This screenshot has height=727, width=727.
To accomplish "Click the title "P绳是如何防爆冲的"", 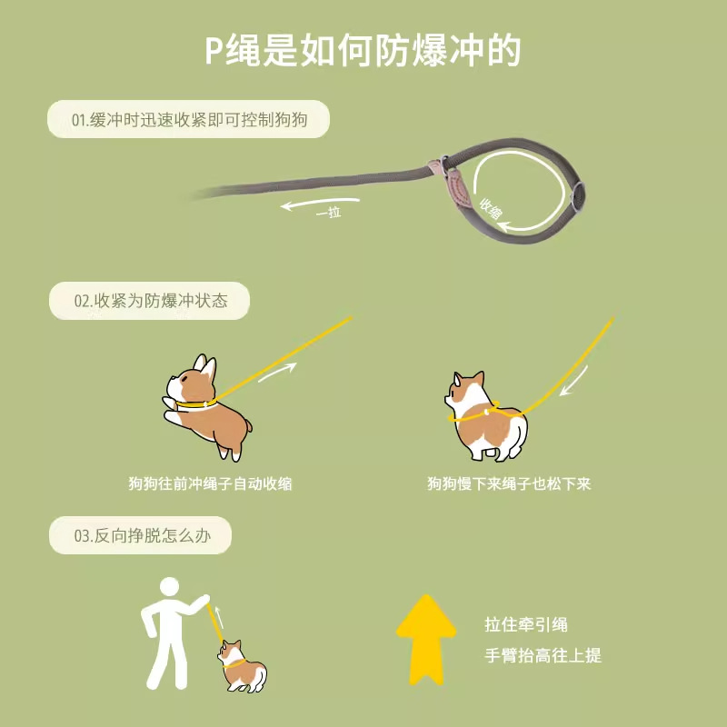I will (x=363, y=51).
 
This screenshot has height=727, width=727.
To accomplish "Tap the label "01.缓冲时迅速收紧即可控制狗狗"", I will (x=187, y=119).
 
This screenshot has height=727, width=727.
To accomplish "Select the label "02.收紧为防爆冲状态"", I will (x=150, y=301).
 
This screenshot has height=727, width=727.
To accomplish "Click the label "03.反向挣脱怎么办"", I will (x=140, y=535).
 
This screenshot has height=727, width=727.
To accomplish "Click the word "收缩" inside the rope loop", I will (x=491, y=212).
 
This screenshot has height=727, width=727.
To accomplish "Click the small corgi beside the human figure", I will (x=239, y=666).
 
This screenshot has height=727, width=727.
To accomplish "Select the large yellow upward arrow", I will (x=426, y=639).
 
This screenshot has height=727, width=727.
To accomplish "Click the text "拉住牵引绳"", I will (x=526, y=624).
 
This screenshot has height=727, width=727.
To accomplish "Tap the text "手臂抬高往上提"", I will (x=543, y=655).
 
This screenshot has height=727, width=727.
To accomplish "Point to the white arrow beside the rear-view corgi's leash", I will (x=575, y=380).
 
